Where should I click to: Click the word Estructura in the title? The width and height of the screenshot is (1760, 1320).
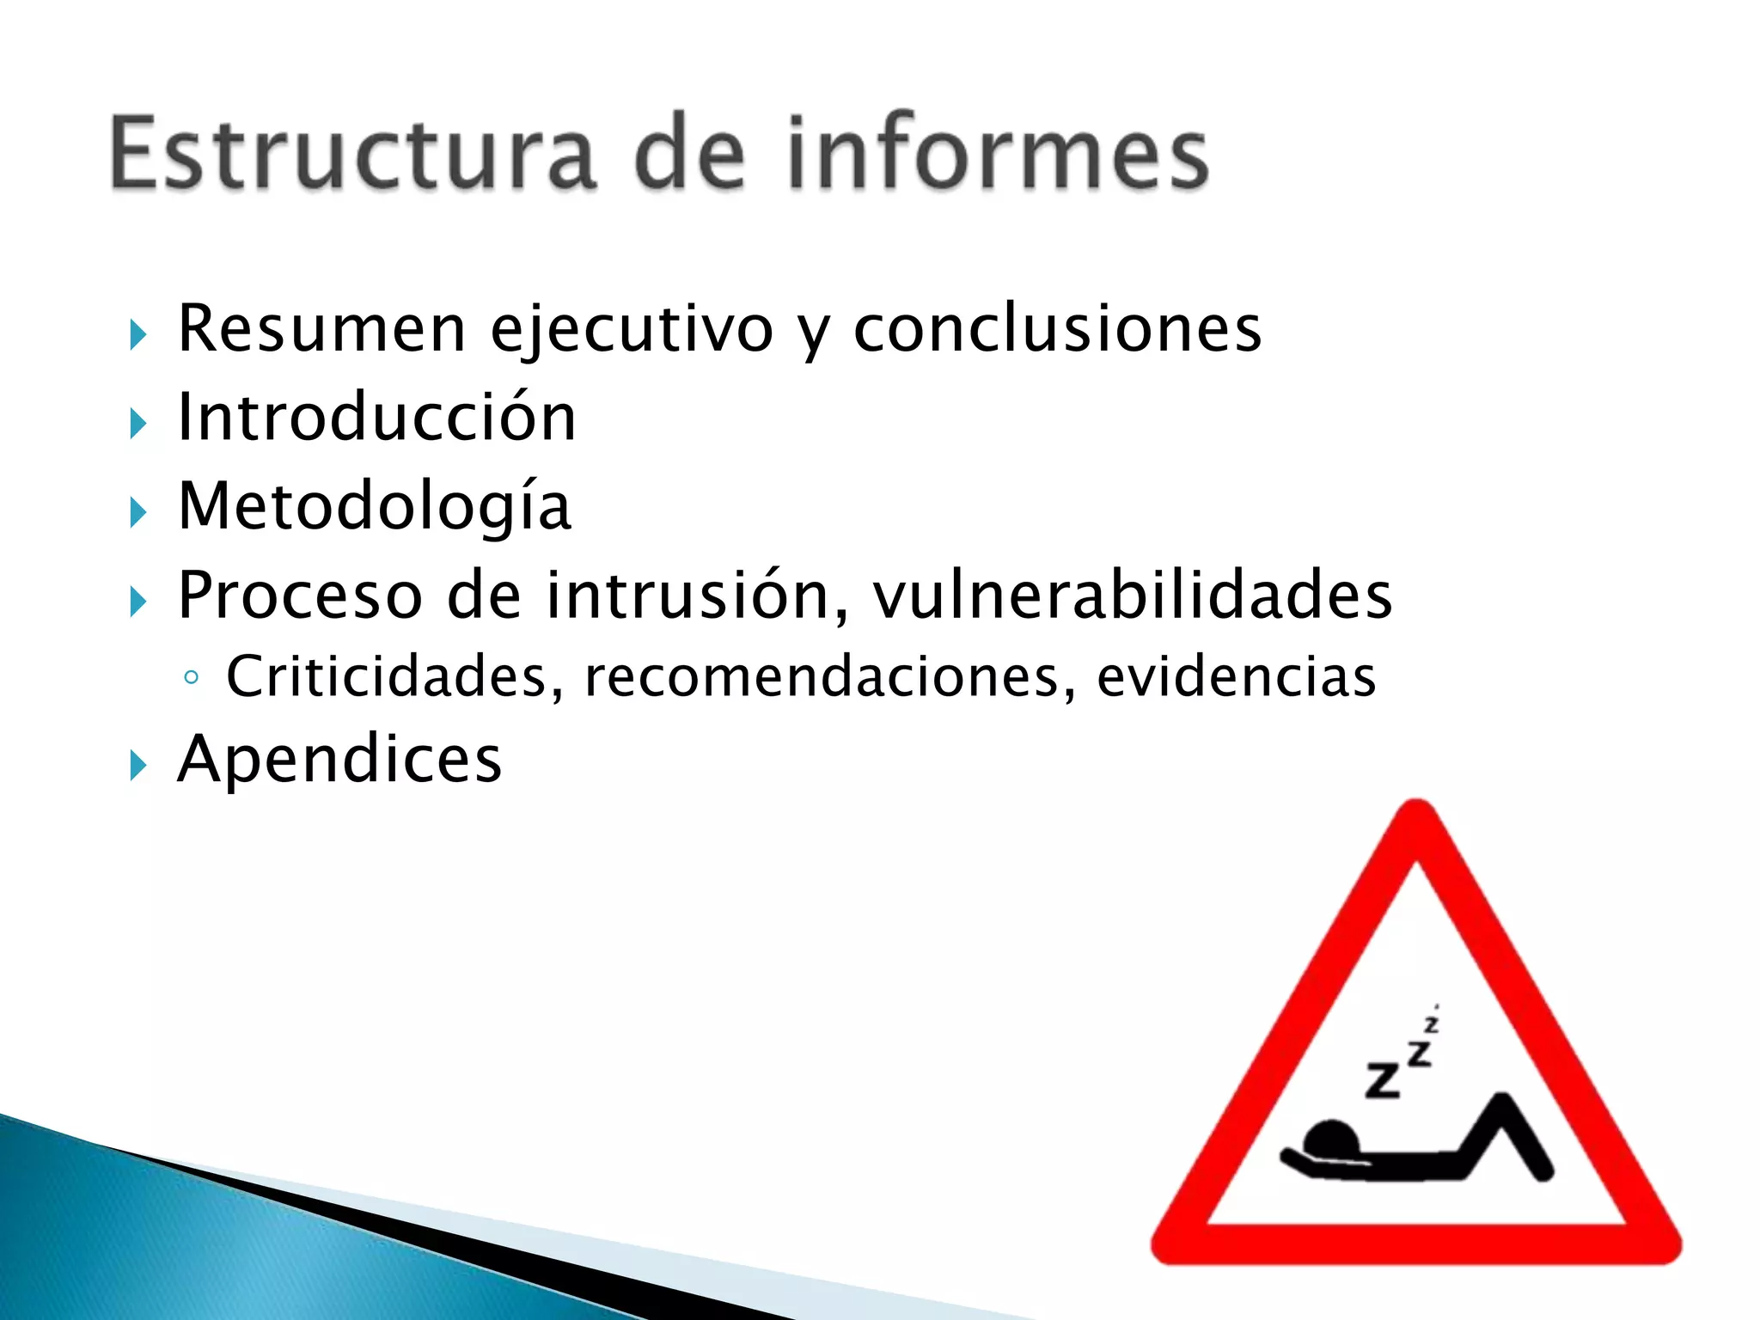coord(352,153)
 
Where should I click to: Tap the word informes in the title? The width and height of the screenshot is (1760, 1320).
coord(998,153)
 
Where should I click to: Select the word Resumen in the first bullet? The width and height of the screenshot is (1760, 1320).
coord(321,328)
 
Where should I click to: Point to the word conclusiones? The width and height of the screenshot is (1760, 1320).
coord(1057,328)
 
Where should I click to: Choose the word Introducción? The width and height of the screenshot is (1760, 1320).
coord(376,417)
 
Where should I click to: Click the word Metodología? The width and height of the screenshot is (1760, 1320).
coord(375,507)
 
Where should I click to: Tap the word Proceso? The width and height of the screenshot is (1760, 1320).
coord(300,595)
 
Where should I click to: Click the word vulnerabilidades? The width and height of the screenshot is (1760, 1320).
coord(1133,595)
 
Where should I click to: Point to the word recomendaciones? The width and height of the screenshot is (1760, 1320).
coord(830,677)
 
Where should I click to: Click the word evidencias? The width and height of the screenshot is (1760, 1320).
coord(1236,677)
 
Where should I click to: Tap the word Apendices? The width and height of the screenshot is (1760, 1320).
coord(339,760)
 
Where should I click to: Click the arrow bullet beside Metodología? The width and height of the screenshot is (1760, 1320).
coord(138,513)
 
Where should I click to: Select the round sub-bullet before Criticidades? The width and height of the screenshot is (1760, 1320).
coord(192,678)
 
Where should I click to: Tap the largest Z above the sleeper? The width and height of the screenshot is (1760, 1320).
coord(1383,1080)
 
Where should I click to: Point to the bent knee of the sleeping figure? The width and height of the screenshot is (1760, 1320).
coord(1502,1104)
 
